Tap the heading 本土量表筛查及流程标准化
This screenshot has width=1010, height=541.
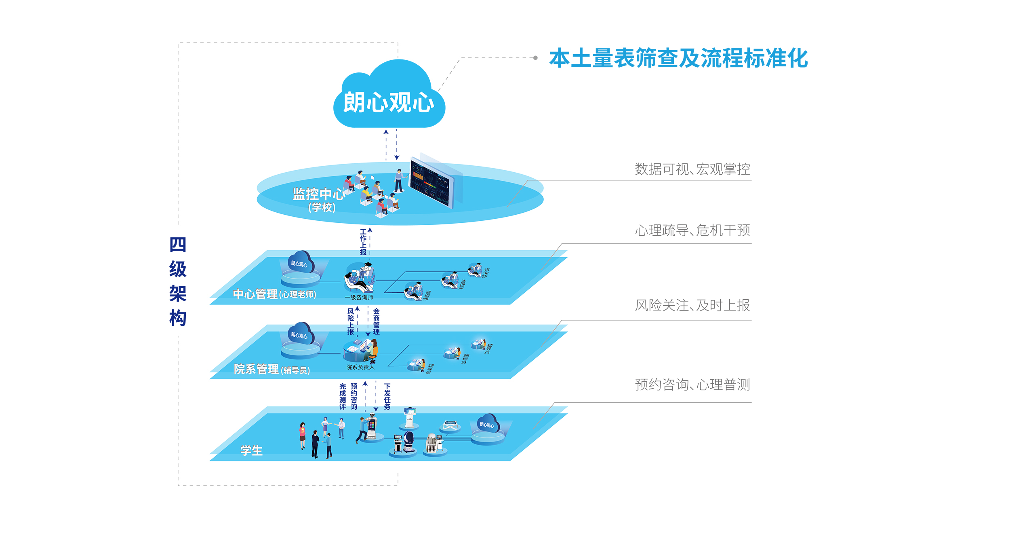tap(678, 58)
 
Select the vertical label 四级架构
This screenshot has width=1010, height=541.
tap(178, 281)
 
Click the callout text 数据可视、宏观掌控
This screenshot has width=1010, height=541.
tap(692, 169)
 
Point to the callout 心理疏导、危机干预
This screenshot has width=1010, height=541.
tap(692, 230)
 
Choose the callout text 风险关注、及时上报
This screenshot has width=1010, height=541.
tap(692, 305)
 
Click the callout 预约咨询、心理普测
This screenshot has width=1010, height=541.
tap(692, 385)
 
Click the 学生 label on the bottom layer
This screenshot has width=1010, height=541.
tap(251, 450)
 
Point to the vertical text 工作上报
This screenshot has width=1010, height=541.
tap(363, 242)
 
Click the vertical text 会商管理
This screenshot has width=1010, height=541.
tap(377, 321)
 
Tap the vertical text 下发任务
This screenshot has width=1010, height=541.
tap(387, 397)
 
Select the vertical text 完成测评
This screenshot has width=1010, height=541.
tap(343, 397)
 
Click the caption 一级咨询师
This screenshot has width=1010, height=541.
tap(359, 298)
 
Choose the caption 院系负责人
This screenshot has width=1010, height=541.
tap(360, 367)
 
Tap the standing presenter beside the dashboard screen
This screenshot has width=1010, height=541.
tap(399, 181)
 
